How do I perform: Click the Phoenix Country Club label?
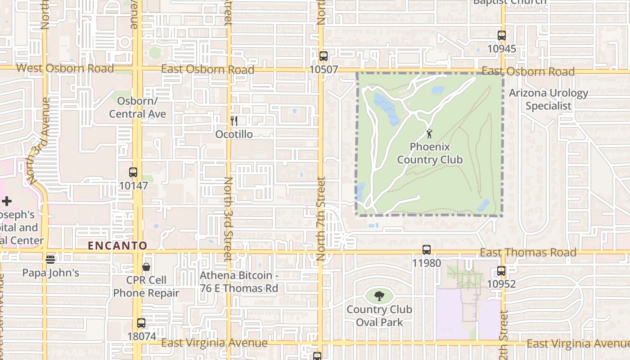(429, 153)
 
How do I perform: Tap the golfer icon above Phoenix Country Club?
(430, 134)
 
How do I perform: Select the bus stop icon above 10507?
(323, 56)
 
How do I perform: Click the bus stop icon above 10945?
(501, 36)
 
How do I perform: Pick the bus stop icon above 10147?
(133, 172)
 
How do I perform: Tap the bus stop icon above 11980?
(426, 250)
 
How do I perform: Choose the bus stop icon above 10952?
(501, 271)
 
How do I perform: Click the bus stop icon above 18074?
(141, 323)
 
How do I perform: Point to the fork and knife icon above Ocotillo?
(234, 121)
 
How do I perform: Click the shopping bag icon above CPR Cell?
(146, 267)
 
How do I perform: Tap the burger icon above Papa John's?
(50, 259)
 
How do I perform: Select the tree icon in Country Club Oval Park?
(379, 296)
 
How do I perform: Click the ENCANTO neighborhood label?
(117, 246)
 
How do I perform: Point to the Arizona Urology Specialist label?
(549, 99)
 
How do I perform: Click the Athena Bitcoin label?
(238, 282)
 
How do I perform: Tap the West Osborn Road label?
(65, 68)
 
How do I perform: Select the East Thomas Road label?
(528, 252)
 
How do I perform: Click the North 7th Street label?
(320, 218)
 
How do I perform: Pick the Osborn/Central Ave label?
(137, 107)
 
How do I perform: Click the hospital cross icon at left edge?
(6, 201)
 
